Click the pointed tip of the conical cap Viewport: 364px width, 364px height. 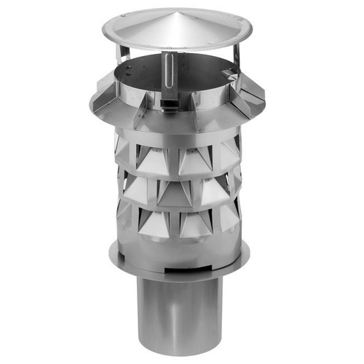click(176, 12)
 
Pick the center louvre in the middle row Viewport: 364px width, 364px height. click(175, 191)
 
